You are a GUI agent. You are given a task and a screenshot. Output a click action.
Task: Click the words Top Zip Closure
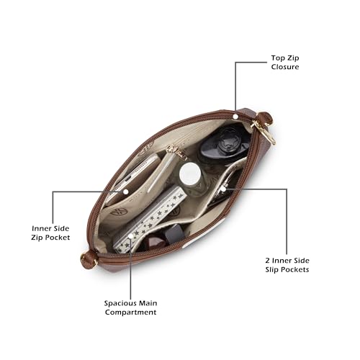(285, 63)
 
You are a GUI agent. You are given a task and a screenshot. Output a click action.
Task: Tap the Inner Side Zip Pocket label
(50, 233)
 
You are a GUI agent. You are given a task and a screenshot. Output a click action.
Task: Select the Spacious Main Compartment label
(130, 307)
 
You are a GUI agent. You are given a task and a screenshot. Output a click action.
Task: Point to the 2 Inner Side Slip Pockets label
(287, 265)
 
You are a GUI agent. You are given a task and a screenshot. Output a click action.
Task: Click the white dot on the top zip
(235, 117)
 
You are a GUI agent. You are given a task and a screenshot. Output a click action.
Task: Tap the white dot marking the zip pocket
(126, 192)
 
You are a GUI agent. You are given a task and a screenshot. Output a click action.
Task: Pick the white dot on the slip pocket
(223, 189)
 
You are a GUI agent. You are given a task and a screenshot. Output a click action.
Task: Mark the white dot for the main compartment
(131, 236)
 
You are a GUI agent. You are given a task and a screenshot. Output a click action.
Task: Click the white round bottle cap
(190, 174)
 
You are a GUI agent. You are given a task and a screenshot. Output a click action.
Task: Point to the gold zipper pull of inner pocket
(178, 152)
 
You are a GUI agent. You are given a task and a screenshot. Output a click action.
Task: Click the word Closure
(285, 67)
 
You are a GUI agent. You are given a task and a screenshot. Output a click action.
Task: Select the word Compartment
(130, 312)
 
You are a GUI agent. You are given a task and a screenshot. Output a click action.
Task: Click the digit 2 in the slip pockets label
(268, 261)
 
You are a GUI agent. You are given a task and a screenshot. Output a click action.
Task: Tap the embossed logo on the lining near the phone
(115, 212)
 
